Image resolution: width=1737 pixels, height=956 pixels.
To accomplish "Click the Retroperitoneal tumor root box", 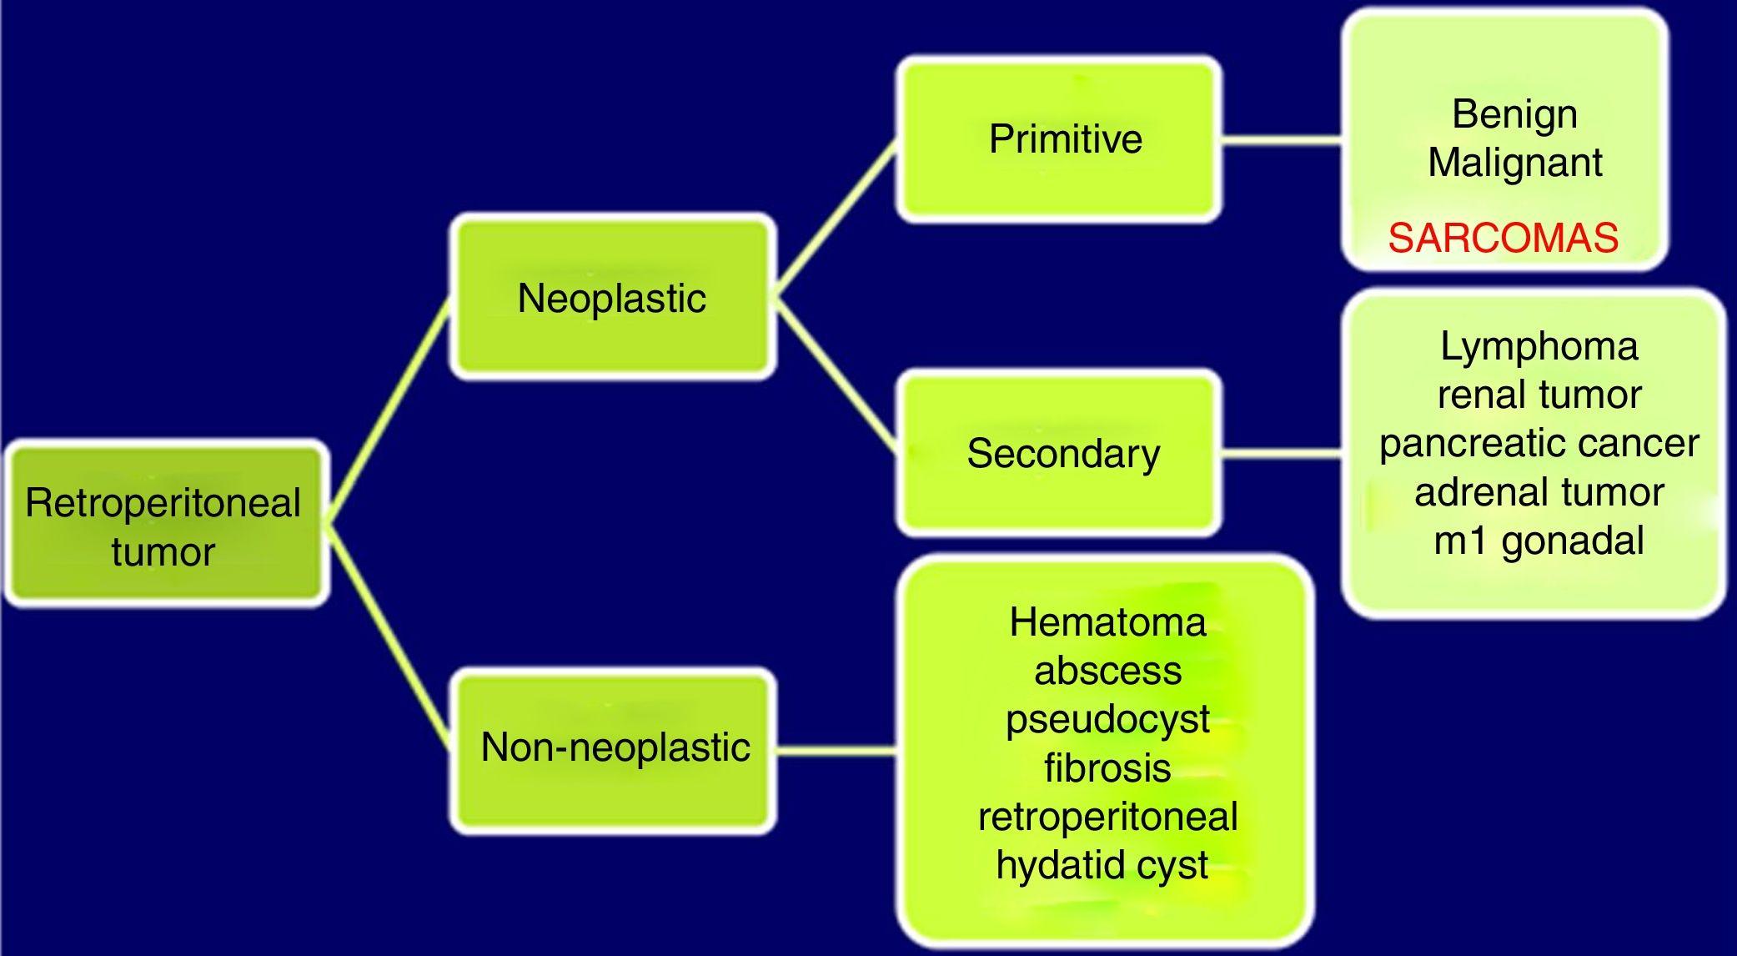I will pos(164,526).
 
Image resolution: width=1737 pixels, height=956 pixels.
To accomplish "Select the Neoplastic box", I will pos(612,298).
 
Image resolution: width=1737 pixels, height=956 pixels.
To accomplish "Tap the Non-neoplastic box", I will pos(615,747).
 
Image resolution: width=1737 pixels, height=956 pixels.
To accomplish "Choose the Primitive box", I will pos(1065,138).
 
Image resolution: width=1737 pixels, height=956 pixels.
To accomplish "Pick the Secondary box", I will pos(1063,454).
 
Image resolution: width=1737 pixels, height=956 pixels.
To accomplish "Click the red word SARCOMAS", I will pos(1504,239).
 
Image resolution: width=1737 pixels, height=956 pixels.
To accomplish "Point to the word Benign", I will pos(1514,113).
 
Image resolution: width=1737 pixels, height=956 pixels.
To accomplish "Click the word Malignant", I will pos(1514,162).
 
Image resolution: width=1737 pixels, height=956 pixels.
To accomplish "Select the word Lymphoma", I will pos(1539,346).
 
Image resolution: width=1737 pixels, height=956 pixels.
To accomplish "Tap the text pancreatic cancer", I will pos(1539,443).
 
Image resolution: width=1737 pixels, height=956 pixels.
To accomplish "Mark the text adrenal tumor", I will pos(1539,492).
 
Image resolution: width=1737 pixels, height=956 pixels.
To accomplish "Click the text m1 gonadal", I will pos(1539,541).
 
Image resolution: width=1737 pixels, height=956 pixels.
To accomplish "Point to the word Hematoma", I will pos(1107,622).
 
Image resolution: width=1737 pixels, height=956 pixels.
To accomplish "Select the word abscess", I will pos(1107,671).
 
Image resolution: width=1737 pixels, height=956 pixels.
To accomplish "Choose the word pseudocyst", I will pos(1107,719).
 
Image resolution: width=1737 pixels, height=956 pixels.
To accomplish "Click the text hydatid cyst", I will pos(1102,865).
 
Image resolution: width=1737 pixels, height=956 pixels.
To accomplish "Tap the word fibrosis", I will pos(1107,767).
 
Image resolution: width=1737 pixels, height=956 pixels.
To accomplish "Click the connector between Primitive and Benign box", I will pos(1282,140).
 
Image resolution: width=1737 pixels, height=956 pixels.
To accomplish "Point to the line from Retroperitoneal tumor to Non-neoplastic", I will pos(388,636).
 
